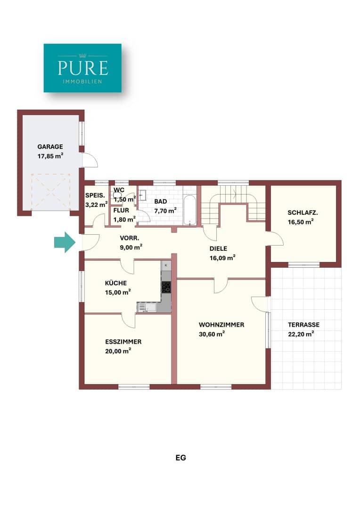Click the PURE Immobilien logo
click(x=82, y=68)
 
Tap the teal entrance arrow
click(x=65, y=242)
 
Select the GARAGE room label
click(x=50, y=147)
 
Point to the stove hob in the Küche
click(x=166, y=287)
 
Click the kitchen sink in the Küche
click(x=147, y=307)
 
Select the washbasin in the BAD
click(x=142, y=196)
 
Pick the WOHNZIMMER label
click(x=221, y=325)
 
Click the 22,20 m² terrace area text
click(x=301, y=334)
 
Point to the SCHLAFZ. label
click(x=303, y=213)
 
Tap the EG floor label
click(x=181, y=458)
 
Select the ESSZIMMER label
click(x=123, y=342)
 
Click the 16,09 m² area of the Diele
click(x=222, y=258)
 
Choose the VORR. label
click(x=130, y=238)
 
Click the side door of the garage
click(x=88, y=160)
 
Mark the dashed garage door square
click(x=50, y=191)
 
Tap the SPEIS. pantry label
click(x=95, y=196)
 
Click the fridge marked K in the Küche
click(x=166, y=265)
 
